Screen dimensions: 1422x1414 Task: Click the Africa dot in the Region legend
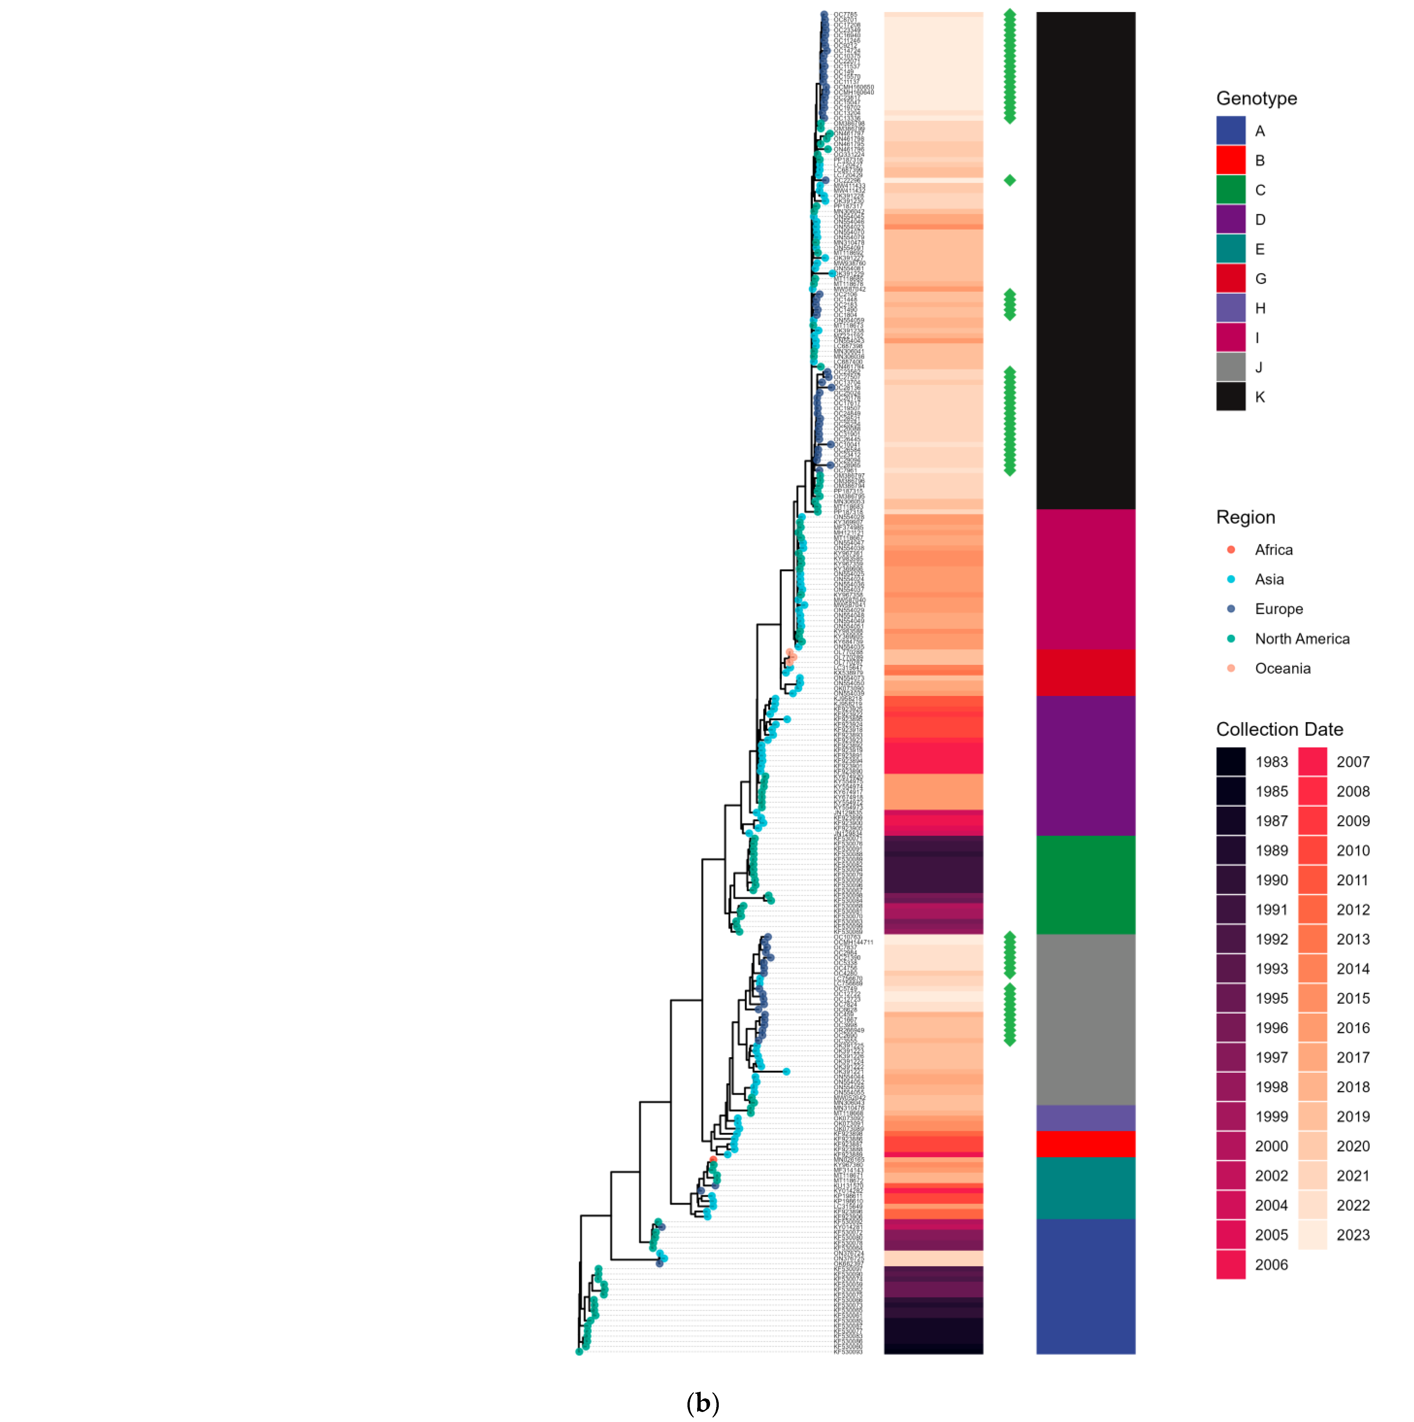coord(1231,550)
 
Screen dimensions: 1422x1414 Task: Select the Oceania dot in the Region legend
coord(1231,668)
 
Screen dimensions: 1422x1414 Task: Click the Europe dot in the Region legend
coord(1231,609)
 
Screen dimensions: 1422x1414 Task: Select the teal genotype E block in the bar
coord(1085,1188)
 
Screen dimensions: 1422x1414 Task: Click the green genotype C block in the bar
coord(1085,885)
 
